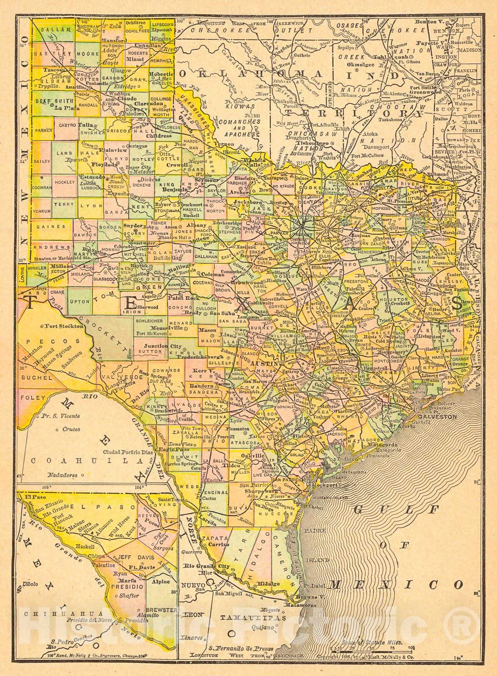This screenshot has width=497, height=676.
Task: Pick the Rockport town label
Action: pyautogui.click(x=324, y=485)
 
